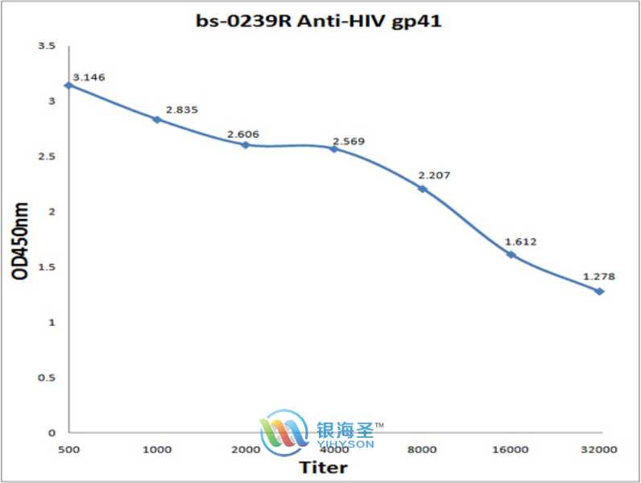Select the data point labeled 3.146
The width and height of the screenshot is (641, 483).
tap(68, 85)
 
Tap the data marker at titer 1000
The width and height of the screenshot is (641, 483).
tap(157, 119)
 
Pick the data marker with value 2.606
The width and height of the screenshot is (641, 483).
tap(245, 145)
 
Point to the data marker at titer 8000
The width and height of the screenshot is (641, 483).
tap(422, 188)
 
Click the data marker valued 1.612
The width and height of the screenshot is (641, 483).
tap(511, 254)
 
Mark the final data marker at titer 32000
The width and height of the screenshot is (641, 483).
tap(599, 291)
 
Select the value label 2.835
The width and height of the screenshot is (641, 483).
tap(181, 109)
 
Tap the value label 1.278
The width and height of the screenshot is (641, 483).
tap(599, 277)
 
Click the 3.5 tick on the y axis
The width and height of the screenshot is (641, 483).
tap(47, 47)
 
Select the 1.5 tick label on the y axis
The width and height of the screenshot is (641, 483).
tap(47, 267)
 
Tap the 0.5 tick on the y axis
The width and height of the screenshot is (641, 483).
tap(47, 378)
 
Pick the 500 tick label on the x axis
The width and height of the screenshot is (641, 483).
tap(68, 448)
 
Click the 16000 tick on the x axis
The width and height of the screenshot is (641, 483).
tap(511, 448)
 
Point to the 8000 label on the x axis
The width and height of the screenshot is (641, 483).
tap(422, 448)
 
